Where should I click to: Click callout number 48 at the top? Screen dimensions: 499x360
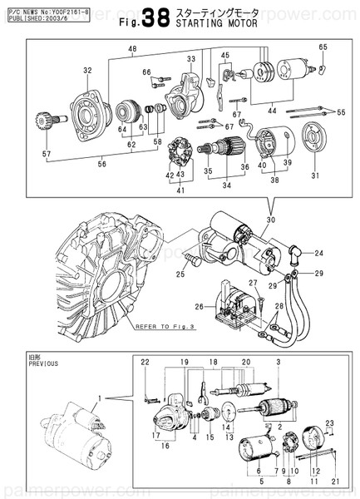pos(131,50)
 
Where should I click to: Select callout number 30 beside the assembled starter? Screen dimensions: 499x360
pos(269,220)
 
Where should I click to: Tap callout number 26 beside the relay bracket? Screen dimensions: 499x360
pos(198,307)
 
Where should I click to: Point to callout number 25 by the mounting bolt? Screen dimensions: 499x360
pos(179,274)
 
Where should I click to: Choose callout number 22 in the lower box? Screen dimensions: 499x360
pos(144,362)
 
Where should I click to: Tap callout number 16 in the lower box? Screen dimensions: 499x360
pos(165,446)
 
